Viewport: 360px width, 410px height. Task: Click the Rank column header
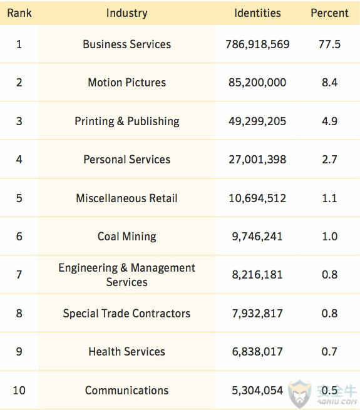[19, 13]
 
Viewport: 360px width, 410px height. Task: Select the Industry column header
[127, 13]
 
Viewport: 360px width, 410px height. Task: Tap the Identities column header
[257, 13]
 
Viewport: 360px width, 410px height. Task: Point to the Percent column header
[329, 13]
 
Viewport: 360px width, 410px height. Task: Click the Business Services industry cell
[127, 44]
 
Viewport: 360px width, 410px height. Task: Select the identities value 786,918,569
[257, 44]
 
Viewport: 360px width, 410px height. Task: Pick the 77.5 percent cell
[329, 44]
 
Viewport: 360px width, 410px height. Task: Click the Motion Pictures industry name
[127, 83]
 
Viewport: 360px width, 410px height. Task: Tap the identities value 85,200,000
[257, 83]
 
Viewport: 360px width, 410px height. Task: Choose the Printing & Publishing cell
[127, 121]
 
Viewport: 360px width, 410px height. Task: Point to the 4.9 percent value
[329, 121]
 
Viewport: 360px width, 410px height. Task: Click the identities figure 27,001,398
[257, 160]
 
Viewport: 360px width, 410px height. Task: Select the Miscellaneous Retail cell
[127, 198]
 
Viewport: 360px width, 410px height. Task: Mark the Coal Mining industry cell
[127, 237]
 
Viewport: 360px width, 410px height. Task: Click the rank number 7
[19, 275]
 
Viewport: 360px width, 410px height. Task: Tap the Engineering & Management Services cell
[127, 275]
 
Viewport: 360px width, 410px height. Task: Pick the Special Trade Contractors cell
[127, 313]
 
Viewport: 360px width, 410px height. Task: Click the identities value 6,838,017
[257, 352]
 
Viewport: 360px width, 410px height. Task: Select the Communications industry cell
[127, 390]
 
